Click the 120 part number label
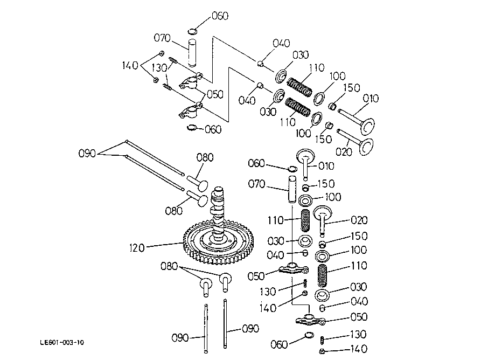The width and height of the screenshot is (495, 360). [137, 248]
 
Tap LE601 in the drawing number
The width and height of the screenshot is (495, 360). [50, 343]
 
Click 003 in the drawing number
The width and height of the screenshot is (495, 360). [68, 343]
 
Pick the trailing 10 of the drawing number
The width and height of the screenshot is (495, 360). [81, 343]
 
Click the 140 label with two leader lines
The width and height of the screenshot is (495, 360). [130, 65]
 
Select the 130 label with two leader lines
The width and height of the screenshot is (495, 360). [159, 67]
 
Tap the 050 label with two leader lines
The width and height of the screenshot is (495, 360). [215, 94]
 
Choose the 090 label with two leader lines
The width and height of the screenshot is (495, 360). [87, 154]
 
